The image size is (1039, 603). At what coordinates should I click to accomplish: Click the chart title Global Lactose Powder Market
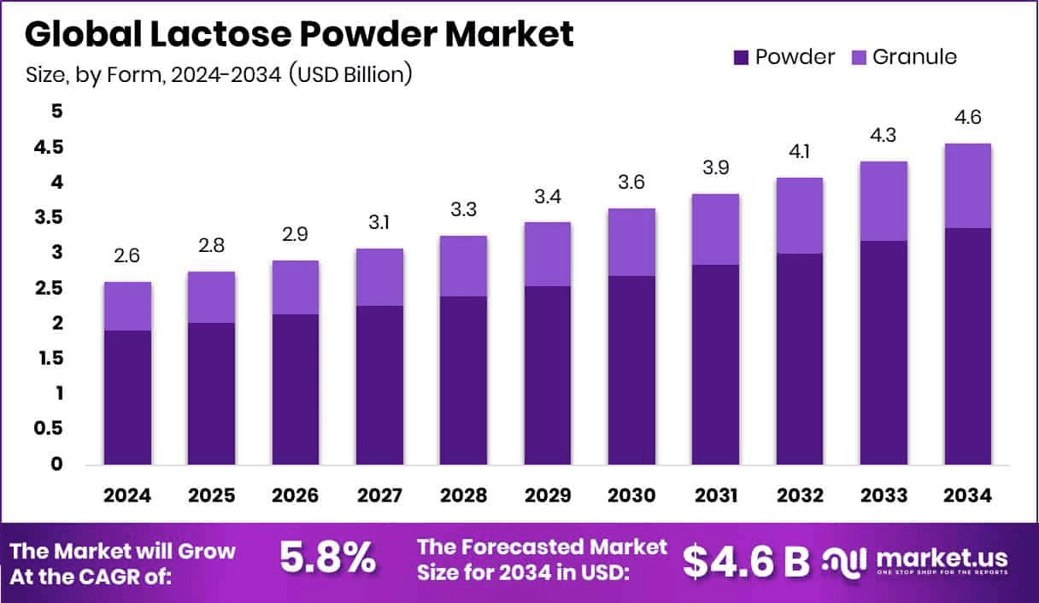(299, 34)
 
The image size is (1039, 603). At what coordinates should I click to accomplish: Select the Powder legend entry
(784, 57)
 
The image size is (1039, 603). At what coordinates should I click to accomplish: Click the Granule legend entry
(905, 57)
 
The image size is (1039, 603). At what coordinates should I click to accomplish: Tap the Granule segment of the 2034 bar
(967, 185)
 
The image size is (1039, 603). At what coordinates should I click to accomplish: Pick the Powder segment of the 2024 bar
(127, 397)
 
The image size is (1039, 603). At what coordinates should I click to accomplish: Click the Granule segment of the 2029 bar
(548, 254)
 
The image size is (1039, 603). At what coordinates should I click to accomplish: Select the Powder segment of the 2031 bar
(715, 365)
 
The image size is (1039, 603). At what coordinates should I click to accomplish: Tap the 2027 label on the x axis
(379, 496)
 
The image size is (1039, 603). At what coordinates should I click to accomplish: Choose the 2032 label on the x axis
(799, 496)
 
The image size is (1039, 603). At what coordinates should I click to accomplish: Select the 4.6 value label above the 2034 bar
(967, 117)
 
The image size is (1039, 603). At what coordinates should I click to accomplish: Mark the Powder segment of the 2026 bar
(296, 389)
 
